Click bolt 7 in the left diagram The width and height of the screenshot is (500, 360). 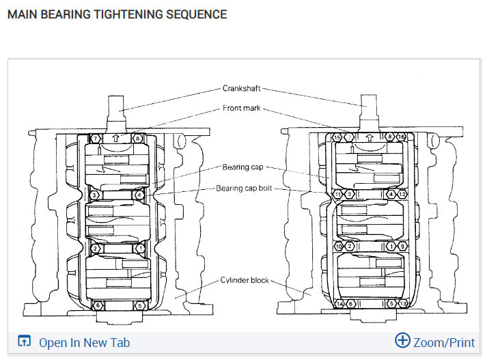click(x=96, y=139)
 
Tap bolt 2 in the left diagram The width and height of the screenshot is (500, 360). click(x=96, y=249)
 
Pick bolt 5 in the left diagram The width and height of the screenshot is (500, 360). click(x=139, y=305)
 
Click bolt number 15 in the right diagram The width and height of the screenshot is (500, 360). click(x=337, y=138)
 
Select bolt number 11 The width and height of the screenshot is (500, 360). click(x=337, y=195)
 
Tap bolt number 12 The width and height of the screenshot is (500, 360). click(x=402, y=195)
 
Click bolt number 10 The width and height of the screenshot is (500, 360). click(x=337, y=246)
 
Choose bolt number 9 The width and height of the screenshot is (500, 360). click(x=402, y=246)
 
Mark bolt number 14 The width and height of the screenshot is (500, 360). click(x=339, y=303)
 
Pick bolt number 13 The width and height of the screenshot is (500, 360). click(x=402, y=303)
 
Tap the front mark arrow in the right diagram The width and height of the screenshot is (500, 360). click(x=370, y=137)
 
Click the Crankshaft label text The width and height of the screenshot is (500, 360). click(x=241, y=88)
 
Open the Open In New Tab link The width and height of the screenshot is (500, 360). click(x=84, y=342)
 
